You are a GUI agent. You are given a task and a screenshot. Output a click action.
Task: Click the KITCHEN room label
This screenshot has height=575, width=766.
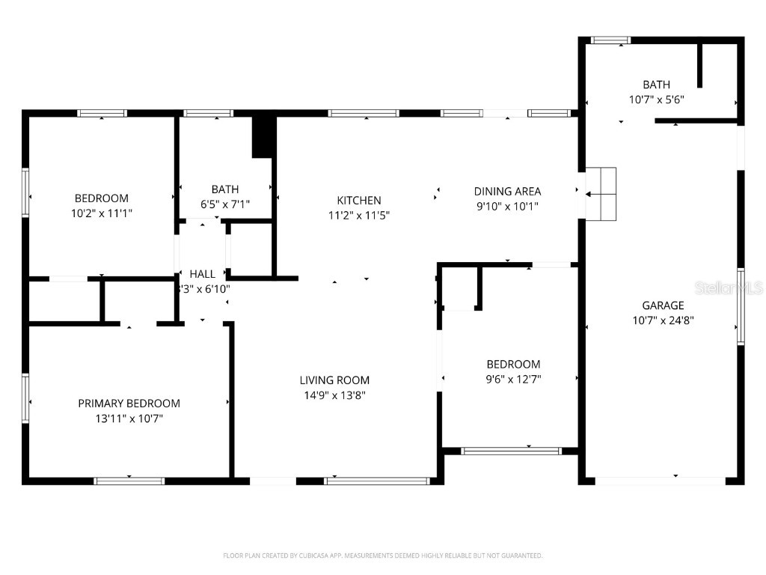click(x=359, y=201)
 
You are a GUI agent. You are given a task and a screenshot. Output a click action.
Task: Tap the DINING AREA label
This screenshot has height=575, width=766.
click(x=507, y=192)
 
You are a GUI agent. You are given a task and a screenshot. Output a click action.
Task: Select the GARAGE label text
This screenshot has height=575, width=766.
click(x=663, y=305)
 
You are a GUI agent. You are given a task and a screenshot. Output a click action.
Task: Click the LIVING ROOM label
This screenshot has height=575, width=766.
click(x=334, y=380)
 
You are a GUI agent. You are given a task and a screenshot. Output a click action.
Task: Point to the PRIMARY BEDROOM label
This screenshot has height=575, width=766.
click(x=129, y=404)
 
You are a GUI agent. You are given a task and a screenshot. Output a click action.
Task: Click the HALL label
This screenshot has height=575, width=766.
click(x=202, y=274)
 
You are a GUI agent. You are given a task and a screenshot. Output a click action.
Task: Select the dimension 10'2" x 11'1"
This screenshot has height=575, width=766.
click(x=102, y=213)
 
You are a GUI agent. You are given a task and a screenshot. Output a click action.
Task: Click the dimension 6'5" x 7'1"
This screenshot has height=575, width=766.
click(x=224, y=204)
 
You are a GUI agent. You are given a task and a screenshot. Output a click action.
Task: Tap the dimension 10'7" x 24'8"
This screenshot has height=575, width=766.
click(x=663, y=320)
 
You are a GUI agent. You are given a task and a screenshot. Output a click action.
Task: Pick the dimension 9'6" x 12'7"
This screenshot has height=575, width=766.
click(x=513, y=379)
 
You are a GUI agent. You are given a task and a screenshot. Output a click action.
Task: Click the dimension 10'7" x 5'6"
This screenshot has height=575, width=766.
click(x=656, y=99)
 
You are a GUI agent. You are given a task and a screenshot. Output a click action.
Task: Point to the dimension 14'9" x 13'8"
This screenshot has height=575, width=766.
click(x=334, y=395)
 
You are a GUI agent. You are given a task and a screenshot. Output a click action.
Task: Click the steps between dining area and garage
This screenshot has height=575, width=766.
click(x=601, y=194)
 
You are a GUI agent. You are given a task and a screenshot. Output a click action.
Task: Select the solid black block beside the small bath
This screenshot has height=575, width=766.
click(x=262, y=136)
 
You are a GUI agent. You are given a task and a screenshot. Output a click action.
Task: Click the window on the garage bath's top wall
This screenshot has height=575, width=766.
click(x=610, y=40)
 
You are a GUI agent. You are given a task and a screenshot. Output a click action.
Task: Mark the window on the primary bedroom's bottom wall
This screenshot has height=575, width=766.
click(x=129, y=481)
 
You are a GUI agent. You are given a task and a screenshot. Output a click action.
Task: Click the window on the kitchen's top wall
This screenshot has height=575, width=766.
click(x=363, y=114)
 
